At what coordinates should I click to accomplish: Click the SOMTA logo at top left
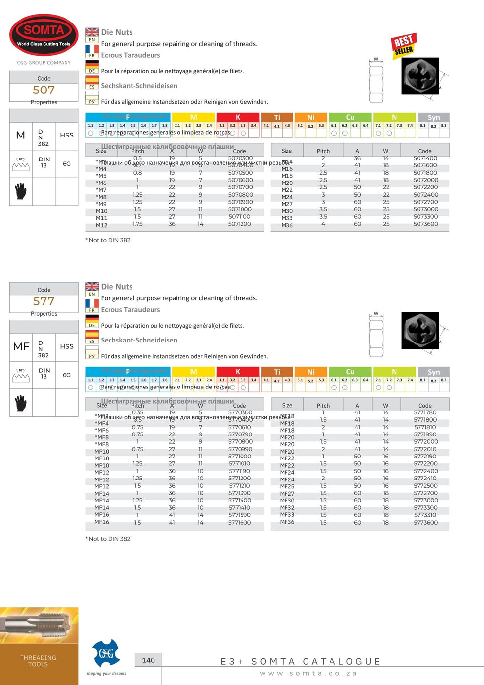click(44, 35)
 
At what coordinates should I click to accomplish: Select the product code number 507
click(44, 90)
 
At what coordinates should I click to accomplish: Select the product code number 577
click(44, 301)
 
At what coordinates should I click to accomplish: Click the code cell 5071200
click(240, 224)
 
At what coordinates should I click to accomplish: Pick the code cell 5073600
click(425, 224)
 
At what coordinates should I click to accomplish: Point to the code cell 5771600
click(240, 523)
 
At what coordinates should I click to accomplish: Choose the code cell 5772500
click(425, 486)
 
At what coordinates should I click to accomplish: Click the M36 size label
click(287, 225)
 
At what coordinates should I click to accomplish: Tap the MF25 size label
click(287, 486)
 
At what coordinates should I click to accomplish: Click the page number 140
click(148, 660)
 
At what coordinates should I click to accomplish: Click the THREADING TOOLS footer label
click(38, 661)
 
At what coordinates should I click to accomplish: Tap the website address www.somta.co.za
click(308, 673)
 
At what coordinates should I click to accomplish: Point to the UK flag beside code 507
click(92, 32)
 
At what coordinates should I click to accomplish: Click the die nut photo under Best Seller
click(419, 76)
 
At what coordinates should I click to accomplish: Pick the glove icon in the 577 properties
click(21, 403)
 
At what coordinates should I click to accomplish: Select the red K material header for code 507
click(238, 117)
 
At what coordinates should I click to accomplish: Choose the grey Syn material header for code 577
click(433, 372)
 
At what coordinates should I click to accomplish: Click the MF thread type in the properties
click(21, 346)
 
